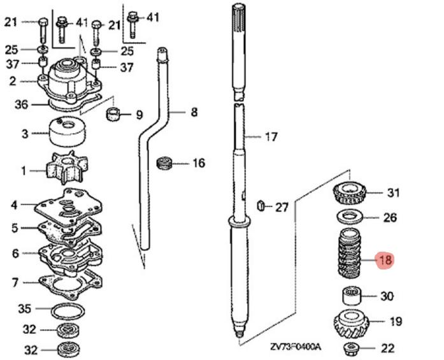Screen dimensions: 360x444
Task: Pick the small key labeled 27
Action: (x=260, y=206)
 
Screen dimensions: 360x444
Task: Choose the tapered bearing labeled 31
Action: (x=349, y=191)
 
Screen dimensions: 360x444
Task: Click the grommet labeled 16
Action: (x=164, y=163)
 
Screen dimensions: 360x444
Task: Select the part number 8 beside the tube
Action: (x=194, y=113)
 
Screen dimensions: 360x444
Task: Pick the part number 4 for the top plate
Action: (x=14, y=205)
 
